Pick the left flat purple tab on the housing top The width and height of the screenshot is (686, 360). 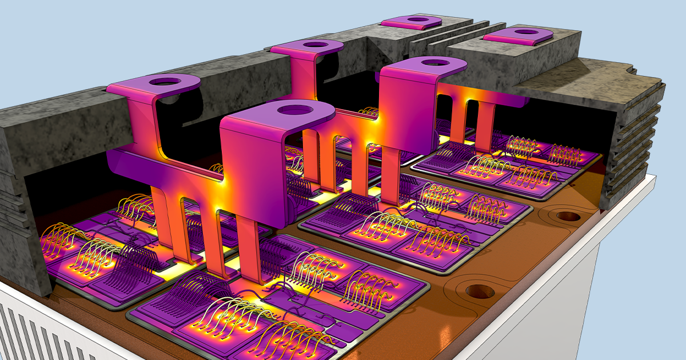[412, 21]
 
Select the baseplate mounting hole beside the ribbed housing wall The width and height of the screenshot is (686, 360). [568, 217]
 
